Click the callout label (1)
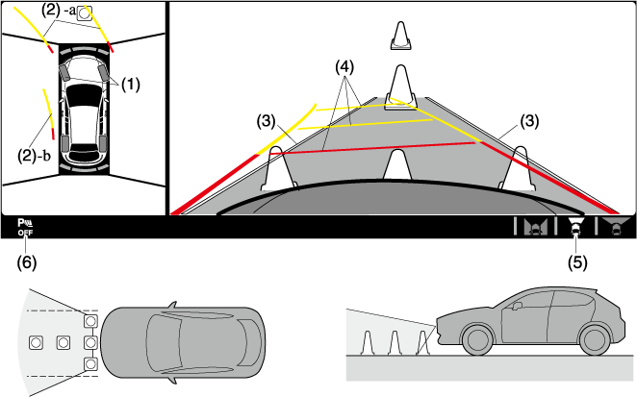[130, 84]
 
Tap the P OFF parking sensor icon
[24, 228]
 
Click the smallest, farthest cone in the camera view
[400, 36]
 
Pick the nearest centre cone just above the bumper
[396, 164]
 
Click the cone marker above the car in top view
[84, 12]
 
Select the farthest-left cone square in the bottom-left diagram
[37, 342]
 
